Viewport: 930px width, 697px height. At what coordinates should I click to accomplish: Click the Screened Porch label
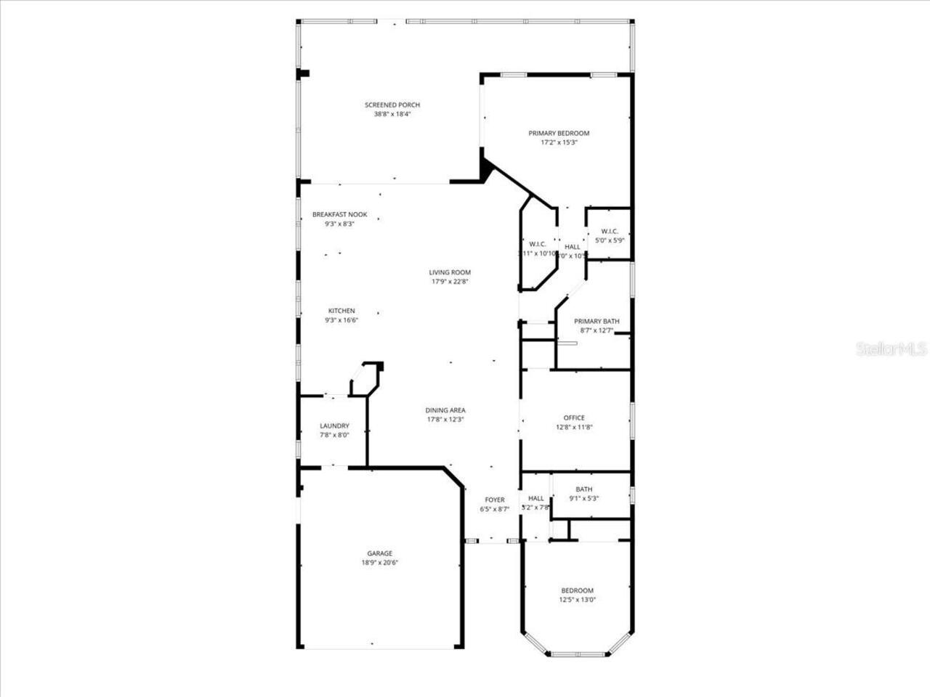[x=392, y=105]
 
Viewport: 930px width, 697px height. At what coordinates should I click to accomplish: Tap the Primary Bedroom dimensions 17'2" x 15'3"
[x=559, y=143]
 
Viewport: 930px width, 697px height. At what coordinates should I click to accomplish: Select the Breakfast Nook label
[x=339, y=214]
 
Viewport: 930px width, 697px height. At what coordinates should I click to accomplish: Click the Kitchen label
[x=341, y=311]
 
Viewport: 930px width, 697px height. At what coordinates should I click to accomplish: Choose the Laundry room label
[x=334, y=426]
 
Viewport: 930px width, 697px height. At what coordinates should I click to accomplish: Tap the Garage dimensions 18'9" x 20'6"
[x=380, y=563]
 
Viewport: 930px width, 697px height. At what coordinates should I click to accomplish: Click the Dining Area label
[x=445, y=410]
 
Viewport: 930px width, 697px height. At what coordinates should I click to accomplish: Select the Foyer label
[x=495, y=500]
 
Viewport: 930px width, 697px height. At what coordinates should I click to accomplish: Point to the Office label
[x=574, y=417]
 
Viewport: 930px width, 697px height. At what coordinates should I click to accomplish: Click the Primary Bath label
[x=597, y=322]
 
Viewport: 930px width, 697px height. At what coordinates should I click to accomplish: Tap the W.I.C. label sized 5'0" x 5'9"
[x=610, y=231]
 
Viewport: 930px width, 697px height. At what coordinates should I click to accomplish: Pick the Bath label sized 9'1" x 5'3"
[x=584, y=489]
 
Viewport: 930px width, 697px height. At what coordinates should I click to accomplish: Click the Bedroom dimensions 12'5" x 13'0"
[x=577, y=600]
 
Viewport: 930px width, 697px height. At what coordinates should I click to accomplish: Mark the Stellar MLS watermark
[x=891, y=349]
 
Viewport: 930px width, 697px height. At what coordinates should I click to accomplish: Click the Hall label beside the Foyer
[x=536, y=498]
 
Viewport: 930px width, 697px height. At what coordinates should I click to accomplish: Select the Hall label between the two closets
[x=573, y=247]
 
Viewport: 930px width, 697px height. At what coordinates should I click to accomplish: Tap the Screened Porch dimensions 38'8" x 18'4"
[x=392, y=114]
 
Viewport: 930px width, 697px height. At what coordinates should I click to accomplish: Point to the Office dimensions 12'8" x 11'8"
[x=574, y=427]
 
